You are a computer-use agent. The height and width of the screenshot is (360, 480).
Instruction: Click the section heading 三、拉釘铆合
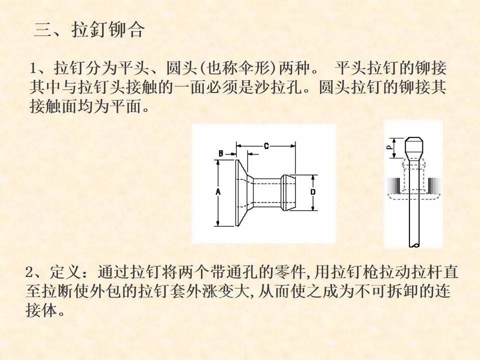pyautogui.click(x=89, y=29)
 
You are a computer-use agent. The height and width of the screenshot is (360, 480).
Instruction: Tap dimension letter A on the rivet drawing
pyautogui.click(x=218, y=192)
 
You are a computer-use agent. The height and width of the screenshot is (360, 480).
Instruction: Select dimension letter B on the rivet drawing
pyautogui.click(x=221, y=153)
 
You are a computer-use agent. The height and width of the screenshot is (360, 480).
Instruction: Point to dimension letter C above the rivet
pyautogui.click(x=266, y=146)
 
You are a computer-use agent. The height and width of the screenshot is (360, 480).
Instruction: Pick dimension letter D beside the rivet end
pyautogui.click(x=313, y=192)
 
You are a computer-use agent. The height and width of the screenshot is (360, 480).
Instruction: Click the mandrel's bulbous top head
pyautogui.click(x=414, y=146)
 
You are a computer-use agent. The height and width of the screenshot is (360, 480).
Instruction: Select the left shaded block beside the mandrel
pyautogui.click(x=393, y=186)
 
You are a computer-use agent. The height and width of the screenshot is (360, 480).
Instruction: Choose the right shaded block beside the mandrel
pyautogui.click(x=434, y=186)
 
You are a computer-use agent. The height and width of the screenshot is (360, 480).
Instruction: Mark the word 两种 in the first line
pyautogui.click(x=294, y=68)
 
